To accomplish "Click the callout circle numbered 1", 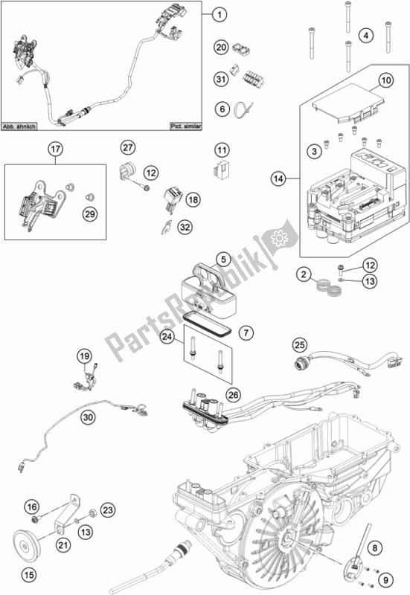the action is coord(219,15).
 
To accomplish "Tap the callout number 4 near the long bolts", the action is coord(366,36).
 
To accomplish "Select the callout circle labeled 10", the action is coord(385,80).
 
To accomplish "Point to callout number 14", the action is coord(278,178).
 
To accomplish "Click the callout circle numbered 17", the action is coord(56,149).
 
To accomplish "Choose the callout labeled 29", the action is coord(90,214).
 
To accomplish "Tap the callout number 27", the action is coord(128,147).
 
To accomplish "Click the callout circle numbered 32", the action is coord(185,228).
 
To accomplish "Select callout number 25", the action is coord(300,345).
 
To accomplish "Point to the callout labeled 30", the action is coord(88,417).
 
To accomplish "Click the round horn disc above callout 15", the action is coord(25,547).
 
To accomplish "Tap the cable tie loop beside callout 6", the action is coord(243,109).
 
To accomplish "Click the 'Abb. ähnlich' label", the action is coord(19,126).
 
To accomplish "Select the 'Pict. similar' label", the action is coord(185,126).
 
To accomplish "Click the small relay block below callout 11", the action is coord(220,169).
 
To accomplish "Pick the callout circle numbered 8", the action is coord(375,547).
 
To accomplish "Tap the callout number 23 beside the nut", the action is coord(108,510).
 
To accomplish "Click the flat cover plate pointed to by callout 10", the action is coord(346,103).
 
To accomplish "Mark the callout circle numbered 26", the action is coord(233,395).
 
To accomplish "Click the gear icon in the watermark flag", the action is coord(280,238).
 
